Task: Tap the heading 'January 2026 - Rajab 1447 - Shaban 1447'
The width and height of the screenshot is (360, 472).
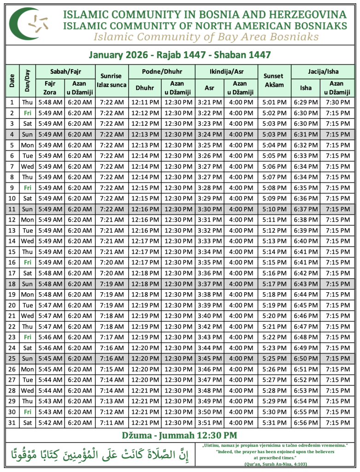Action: pyautogui.click(x=179, y=55)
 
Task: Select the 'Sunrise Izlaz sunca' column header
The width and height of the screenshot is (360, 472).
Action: pyautogui.click(x=111, y=80)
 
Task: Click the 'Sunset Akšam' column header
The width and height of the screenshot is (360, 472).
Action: pyautogui.click(x=274, y=80)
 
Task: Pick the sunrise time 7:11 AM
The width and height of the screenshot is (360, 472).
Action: pyautogui.click(x=111, y=423)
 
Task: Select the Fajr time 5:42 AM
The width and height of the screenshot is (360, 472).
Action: pyautogui.click(x=50, y=423)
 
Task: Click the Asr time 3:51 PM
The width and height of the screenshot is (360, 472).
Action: pyautogui.click(x=210, y=423)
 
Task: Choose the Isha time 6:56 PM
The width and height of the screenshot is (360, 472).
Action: pyautogui.click(x=306, y=423)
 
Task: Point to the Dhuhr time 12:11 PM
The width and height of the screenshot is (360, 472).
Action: pyautogui.click(x=145, y=102)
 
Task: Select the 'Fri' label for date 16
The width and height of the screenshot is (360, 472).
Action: pyautogui.click(x=28, y=262)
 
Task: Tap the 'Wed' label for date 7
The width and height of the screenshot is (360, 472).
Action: pyautogui.click(x=28, y=166)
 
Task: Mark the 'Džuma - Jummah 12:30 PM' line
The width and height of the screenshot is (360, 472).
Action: pyautogui.click(x=179, y=435)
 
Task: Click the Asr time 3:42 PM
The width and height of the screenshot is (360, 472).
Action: pyautogui.click(x=210, y=327)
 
